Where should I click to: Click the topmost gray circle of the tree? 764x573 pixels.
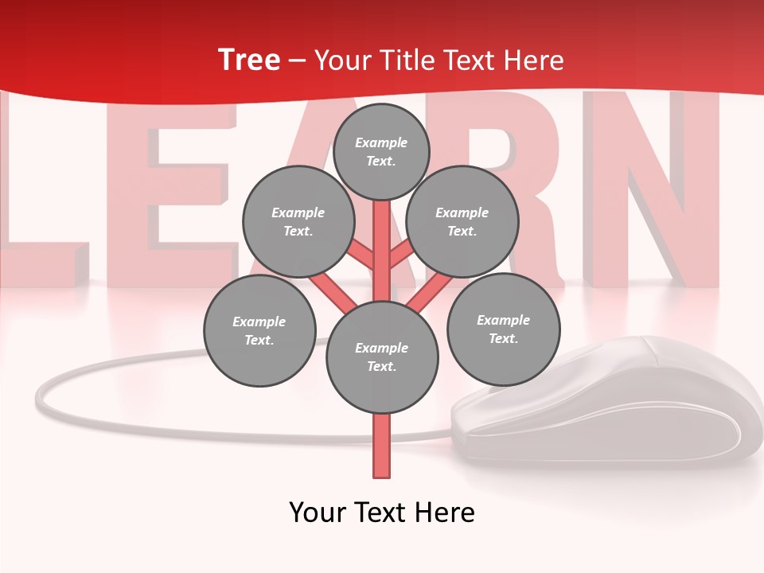click(381, 151)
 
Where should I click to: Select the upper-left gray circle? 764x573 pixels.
click(298, 222)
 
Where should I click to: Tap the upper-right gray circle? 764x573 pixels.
click(462, 222)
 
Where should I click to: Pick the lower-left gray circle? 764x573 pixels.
click(259, 331)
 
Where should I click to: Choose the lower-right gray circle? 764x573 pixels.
click(503, 329)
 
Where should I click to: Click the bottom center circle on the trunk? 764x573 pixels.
click(382, 357)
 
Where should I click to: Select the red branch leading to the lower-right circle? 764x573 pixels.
click(430, 291)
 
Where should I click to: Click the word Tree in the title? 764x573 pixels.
click(249, 60)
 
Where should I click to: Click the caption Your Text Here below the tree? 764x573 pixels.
click(382, 513)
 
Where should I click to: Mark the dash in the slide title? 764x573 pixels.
click(298, 61)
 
